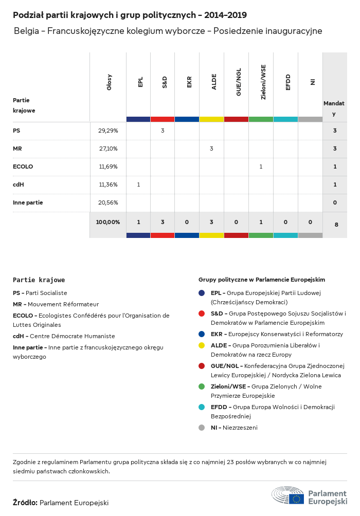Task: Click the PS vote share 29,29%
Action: click(108, 131)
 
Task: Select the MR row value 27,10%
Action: click(108, 149)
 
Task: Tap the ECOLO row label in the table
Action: click(22, 167)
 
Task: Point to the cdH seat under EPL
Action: click(138, 185)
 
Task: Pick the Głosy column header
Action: click(109, 82)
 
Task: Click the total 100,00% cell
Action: click(108, 222)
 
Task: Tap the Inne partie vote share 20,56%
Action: click(108, 202)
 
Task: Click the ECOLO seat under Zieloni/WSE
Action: click(261, 167)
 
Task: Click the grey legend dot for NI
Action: click(202, 428)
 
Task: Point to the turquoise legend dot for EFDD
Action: click(202, 407)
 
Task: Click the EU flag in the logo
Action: click(296, 499)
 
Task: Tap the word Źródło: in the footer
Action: click(25, 503)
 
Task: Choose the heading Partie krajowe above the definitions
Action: click(39, 280)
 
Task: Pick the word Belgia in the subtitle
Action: click(26, 31)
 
